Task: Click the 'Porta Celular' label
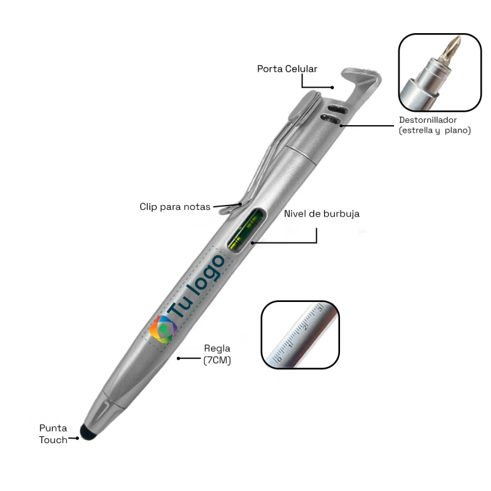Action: [287, 69]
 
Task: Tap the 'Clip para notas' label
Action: [175, 207]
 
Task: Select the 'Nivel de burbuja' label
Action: [322, 214]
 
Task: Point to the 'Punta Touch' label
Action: [53, 434]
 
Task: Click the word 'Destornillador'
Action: [428, 120]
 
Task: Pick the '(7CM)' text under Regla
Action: [217, 360]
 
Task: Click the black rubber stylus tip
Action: [88, 433]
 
